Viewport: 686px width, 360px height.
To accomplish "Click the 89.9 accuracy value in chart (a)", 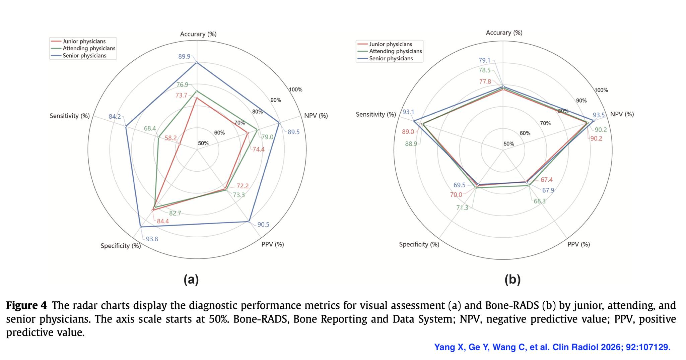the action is pyautogui.click(x=184, y=56).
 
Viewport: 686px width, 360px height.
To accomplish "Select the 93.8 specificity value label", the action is pyautogui.click(x=152, y=239).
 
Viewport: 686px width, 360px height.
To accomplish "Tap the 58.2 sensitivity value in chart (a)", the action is pyautogui.click(x=170, y=138).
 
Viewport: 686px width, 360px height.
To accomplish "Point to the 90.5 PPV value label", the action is pyautogui.click(x=263, y=225).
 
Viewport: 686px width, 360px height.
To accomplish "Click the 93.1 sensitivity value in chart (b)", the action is pyautogui.click(x=408, y=112).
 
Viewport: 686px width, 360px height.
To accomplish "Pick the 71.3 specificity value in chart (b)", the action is pyautogui.click(x=462, y=208).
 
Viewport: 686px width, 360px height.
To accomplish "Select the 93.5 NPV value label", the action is pyautogui.click(x=599, y=115).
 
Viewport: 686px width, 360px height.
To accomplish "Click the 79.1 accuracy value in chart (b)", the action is pyautogui.click(x=484, y=60).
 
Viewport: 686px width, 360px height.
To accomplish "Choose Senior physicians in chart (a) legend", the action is pyautogui.click(x=84, y=56).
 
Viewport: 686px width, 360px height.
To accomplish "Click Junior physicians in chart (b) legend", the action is pyautogui.click(x=391, y=44).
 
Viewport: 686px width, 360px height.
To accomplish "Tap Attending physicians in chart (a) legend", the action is pyautogui.click(x=89, y=48).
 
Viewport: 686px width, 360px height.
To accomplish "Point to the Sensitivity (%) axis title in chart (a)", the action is pyautogui.click(x=70, y=116).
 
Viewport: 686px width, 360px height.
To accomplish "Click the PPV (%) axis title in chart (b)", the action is pyautogui.click(x=579, y=244).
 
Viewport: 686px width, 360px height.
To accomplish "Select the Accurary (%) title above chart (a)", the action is pyautogui.click(x=198, y=34).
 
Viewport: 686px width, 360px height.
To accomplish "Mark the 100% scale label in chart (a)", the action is pyautogui.click(x=296, y=89).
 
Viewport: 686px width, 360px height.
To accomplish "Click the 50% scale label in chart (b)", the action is pyautogui.click(x=509, y=144).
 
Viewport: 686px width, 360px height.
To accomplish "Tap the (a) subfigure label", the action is pyautogui.click(x=191, y=279).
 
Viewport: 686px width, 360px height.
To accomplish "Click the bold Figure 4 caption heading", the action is pyautogui.click(x=26, y=305).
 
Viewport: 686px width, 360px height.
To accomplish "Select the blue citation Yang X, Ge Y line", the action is pyautogui.click(x=552, y=347).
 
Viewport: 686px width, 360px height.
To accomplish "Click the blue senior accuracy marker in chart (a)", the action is pyautogui.click(x=197, y=62).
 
